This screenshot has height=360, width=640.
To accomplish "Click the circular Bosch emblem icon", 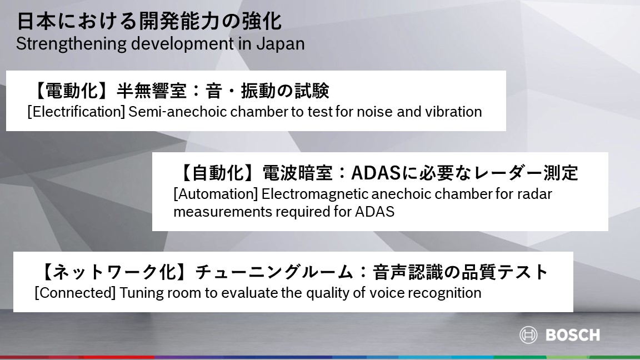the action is tap(528, 335).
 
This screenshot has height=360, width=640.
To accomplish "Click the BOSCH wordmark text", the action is tap(573, 335).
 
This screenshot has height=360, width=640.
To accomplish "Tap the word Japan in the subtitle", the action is tap(281, 44).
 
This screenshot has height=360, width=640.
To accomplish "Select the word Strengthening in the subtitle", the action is tap(71, 44).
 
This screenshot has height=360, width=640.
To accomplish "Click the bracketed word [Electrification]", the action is tap(76, 112).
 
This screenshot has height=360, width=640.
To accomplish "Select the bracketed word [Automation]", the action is tap(216, 194).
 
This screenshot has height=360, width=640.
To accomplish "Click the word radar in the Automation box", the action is tap(534, 194).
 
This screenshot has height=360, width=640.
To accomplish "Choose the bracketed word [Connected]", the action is tap(76, 293).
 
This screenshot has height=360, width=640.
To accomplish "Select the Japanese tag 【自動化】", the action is tap(216, 173).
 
